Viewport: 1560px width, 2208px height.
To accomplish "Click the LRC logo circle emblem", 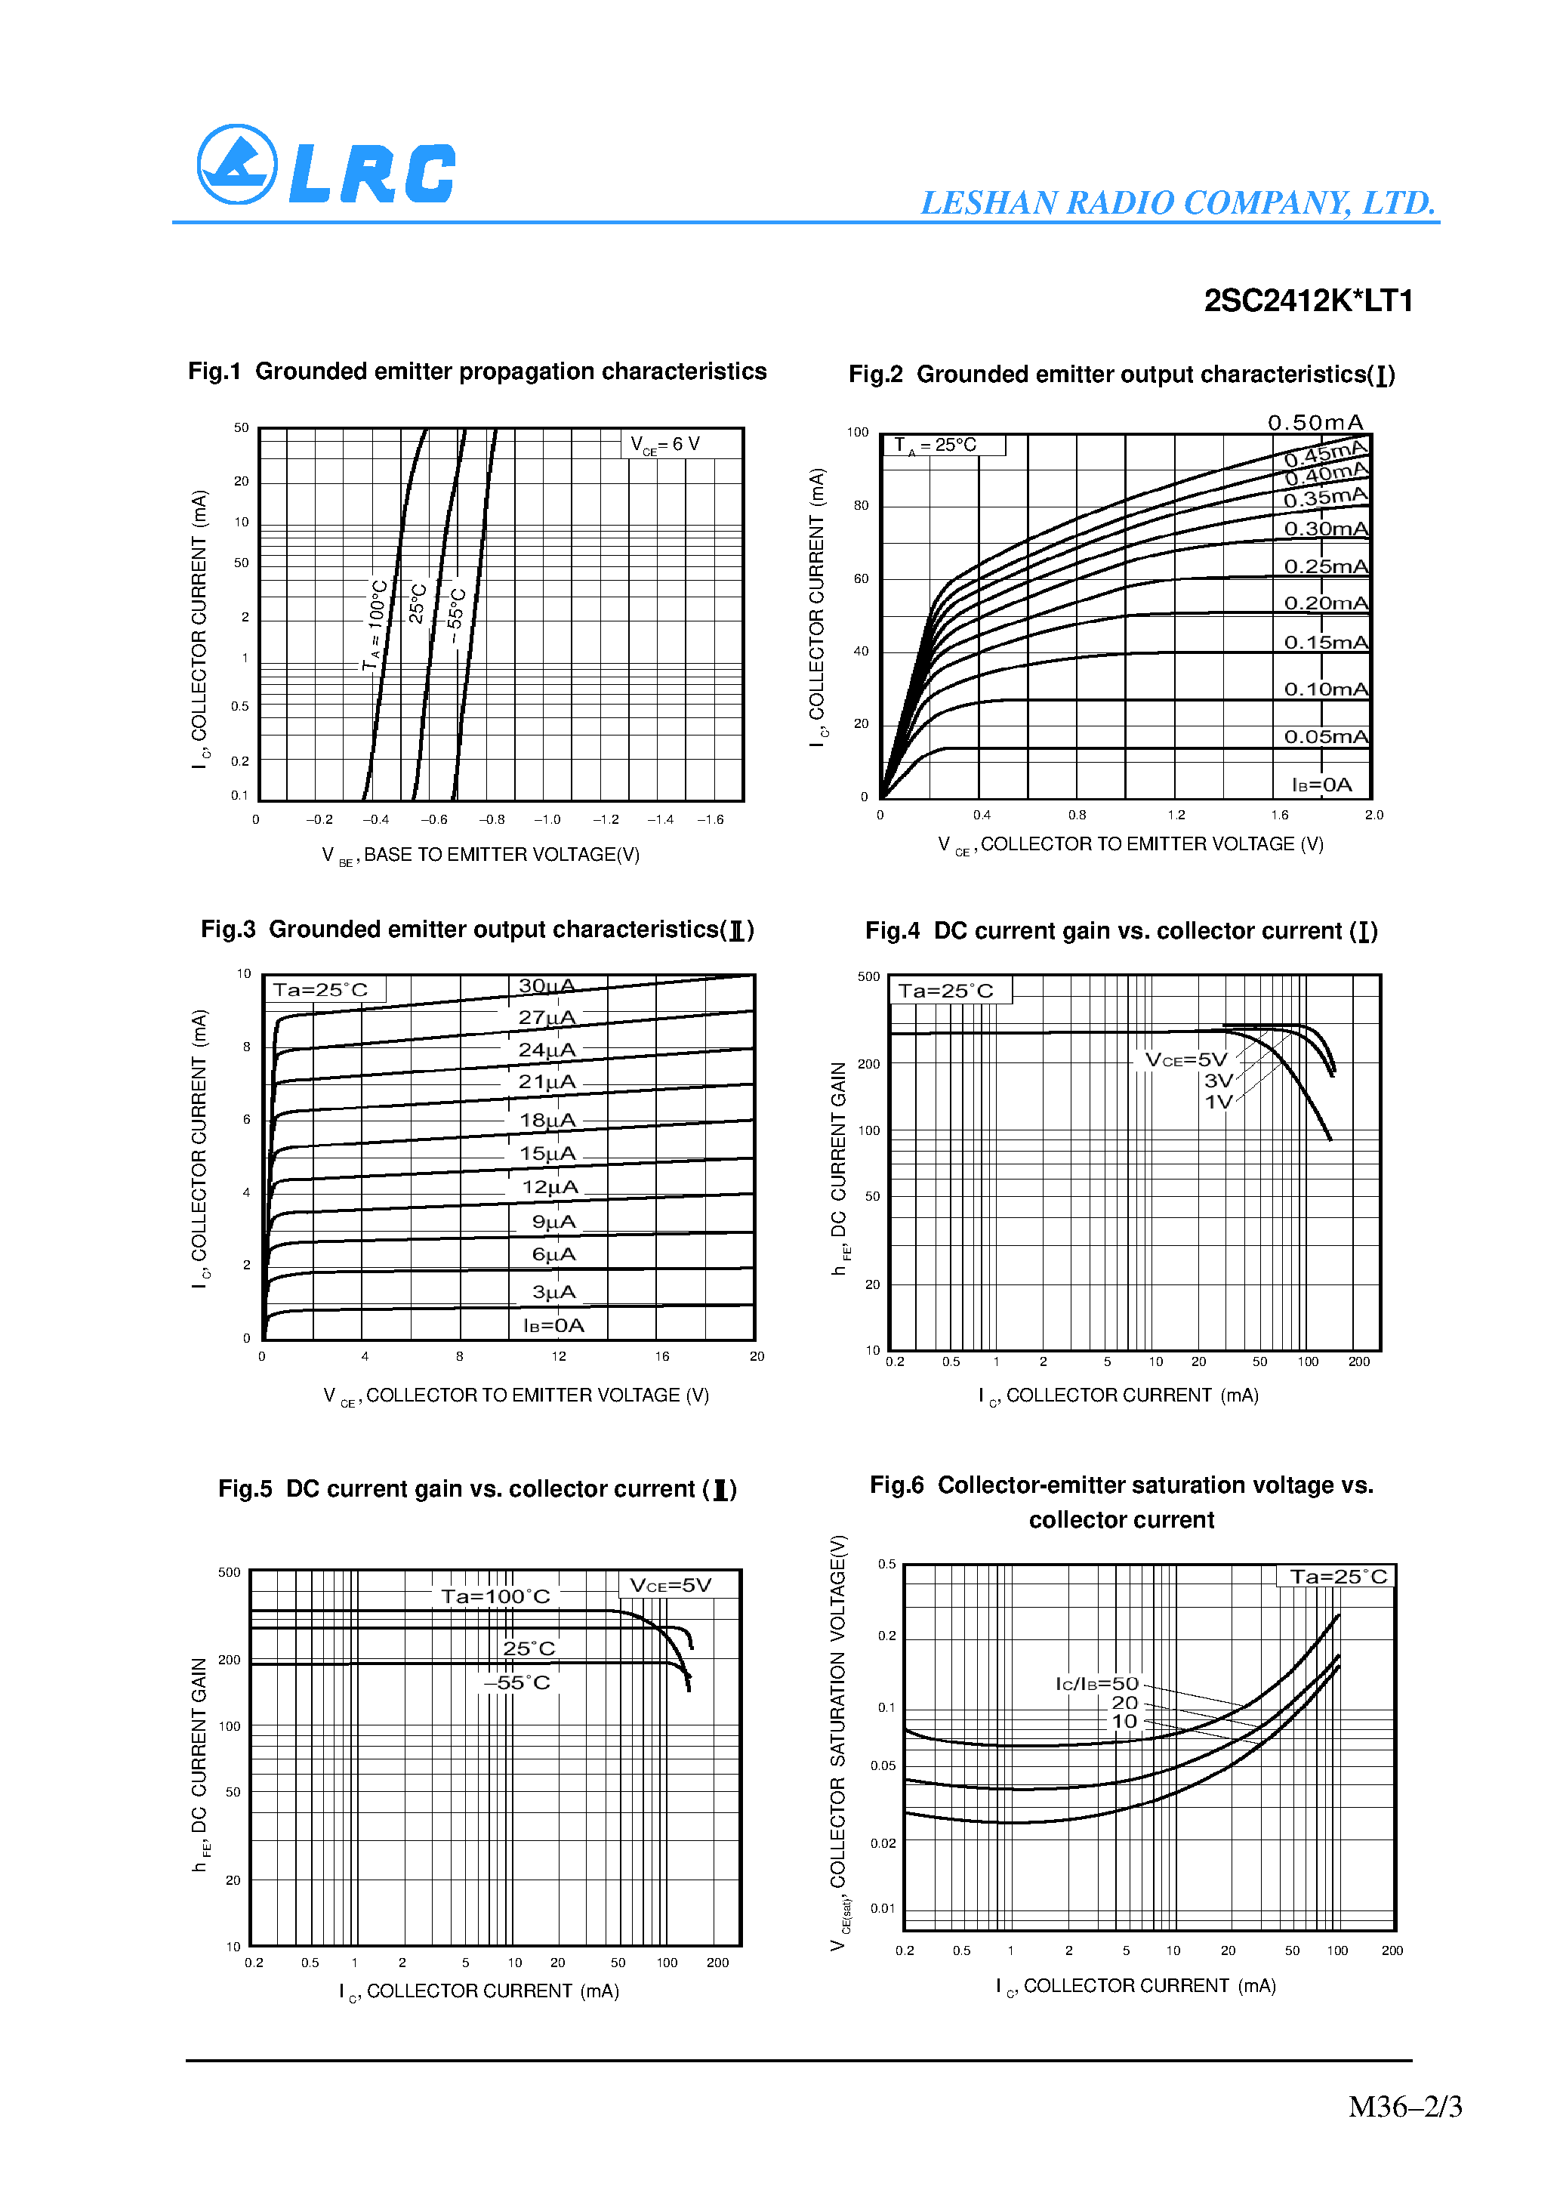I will [x=236, y=165].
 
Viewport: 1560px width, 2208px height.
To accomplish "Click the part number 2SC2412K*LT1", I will [x=1308, y=301].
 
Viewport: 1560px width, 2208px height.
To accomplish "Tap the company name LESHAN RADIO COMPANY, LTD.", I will [x=1177, y=203].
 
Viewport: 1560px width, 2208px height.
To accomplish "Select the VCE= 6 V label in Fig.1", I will [x=665, y=444].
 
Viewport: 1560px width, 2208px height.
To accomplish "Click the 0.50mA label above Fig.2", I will [x=1315, y=423].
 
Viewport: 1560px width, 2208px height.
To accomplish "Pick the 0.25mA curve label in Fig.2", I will [x=1325, y=566].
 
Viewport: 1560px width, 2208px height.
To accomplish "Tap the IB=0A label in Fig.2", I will [x=1321, y=785].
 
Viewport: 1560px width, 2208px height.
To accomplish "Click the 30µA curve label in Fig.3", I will [x=546, y=985].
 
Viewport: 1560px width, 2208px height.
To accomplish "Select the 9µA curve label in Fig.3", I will [x=554, y=1221].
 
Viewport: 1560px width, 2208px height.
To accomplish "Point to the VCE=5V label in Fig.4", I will [x=1186, y=1059].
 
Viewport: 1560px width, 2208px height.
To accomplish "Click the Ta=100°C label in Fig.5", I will [x=495, y=1596].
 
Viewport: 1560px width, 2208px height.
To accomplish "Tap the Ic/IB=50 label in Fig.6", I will [x=1096, y=1684].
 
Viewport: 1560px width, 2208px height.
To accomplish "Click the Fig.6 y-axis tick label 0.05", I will [x=883, y=1765].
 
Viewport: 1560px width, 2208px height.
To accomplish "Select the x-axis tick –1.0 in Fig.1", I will [x=547, y=819].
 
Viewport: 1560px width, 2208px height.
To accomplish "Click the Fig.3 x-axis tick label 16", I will [x=661, y=1356].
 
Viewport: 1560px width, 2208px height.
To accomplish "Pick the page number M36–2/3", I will [x=1404, y=2107].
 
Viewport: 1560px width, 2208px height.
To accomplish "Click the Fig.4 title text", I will [x=1121, y=931].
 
